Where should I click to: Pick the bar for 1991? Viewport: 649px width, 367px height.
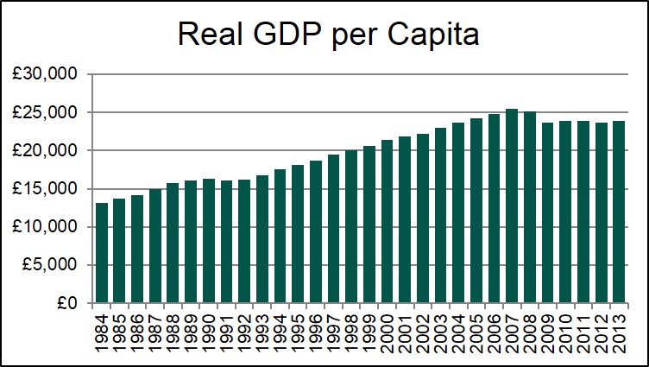pos(227,242)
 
